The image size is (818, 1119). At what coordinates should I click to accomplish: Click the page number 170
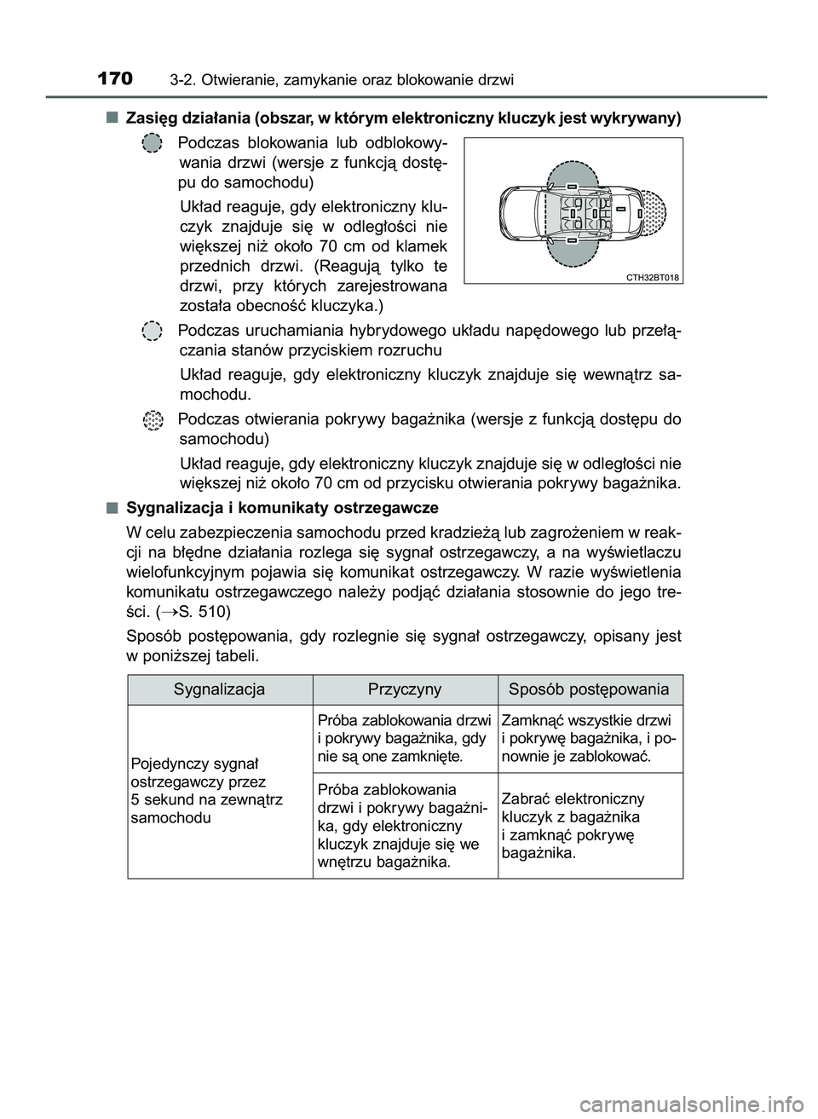(x=115, y=80)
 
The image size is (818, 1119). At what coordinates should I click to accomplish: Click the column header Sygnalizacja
(x=219, y=689)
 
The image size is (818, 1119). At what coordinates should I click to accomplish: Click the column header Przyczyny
(x=405, y=689)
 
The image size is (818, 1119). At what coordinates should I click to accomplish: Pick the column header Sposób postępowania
(x=589, y=689)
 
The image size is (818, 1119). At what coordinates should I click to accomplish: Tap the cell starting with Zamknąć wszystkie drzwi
(x=589, y=737)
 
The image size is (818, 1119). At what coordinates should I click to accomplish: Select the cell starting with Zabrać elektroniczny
(x=572, y=825)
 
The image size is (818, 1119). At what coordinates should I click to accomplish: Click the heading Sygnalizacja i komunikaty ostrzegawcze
(x=282, y=508)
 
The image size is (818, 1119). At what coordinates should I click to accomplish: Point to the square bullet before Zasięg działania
(x=112, y=116)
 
